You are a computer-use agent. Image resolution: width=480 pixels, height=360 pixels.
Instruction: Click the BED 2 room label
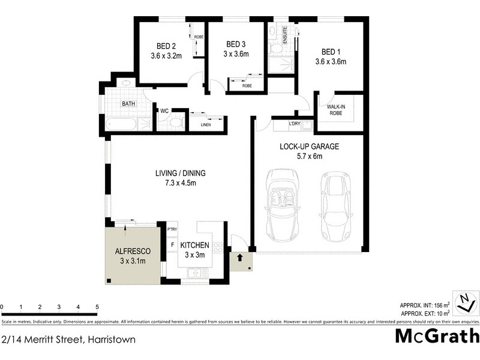point(166,46)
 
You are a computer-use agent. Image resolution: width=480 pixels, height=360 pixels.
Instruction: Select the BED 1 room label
point(331,51)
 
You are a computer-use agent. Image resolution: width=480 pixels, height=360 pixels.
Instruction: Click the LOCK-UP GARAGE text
point(309,147)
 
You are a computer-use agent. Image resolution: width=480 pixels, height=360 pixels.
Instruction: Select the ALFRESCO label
point(132,250)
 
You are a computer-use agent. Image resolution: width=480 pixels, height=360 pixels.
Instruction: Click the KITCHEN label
point(194,245)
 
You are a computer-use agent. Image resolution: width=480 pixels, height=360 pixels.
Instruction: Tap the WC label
point(164,111)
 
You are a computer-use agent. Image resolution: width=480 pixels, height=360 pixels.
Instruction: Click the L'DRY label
point(295,124)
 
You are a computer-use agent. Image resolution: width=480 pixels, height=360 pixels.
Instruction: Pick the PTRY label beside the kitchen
point(172,230)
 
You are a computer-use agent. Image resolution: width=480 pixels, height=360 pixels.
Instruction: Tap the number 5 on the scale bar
point(97,307)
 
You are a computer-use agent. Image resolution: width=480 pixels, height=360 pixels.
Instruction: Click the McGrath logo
point(437,336)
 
